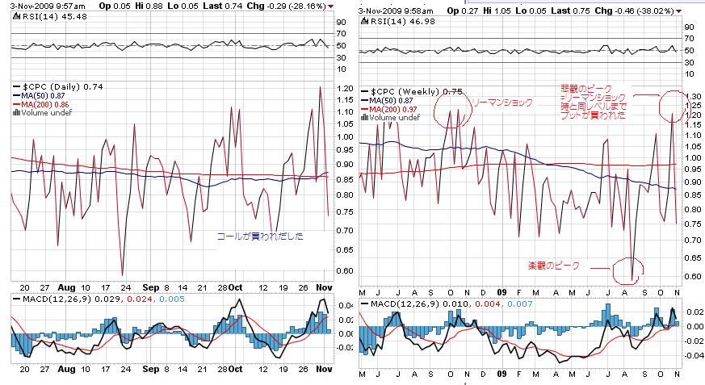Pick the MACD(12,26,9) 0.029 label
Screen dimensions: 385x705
[63, 299]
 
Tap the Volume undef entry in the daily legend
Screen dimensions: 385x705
[43, 113]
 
